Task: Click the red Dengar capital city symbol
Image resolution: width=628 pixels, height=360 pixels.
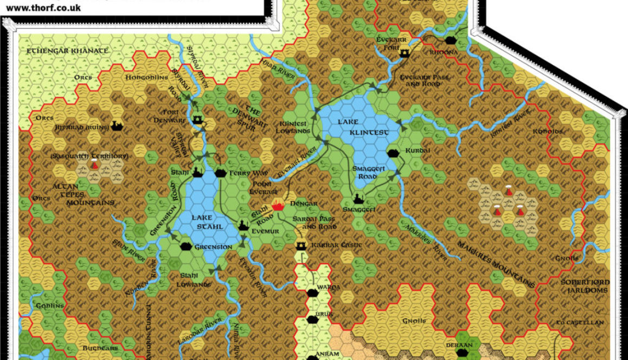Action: click(278, 205)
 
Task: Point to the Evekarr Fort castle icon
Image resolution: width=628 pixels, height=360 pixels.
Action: click(404, 53)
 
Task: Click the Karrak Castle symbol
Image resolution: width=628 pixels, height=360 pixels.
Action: click(301, 246)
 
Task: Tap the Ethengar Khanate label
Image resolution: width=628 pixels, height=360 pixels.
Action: click(68, 51)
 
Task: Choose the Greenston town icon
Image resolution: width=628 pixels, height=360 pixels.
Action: click(186, 247)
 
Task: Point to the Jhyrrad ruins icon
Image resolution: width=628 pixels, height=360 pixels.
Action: click(116, 126)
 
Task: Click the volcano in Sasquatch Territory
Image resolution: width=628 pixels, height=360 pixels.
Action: click(95, 166)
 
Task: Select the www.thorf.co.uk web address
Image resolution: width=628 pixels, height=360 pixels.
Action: click(43, 8)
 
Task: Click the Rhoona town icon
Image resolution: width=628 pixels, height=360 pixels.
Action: click(450, 40)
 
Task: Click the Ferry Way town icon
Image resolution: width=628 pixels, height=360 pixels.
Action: click(220, 173)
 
